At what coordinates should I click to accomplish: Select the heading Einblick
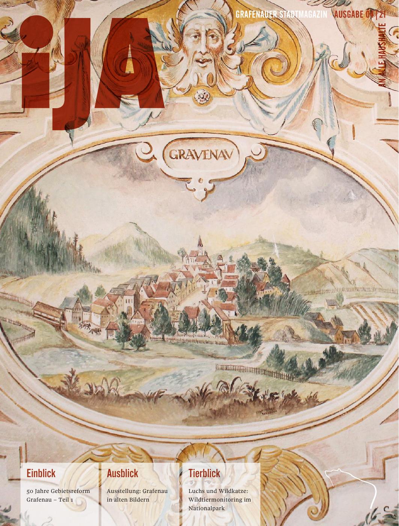click(41, 473)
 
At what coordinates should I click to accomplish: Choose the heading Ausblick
click(122, 473)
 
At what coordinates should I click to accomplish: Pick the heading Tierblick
click(204, 473)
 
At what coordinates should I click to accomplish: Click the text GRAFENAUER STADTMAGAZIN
click(281, 15)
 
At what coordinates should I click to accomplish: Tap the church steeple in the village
click(200, 242)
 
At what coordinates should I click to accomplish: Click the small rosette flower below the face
click(202, 97)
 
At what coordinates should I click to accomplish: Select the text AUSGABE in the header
click(349, 15)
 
